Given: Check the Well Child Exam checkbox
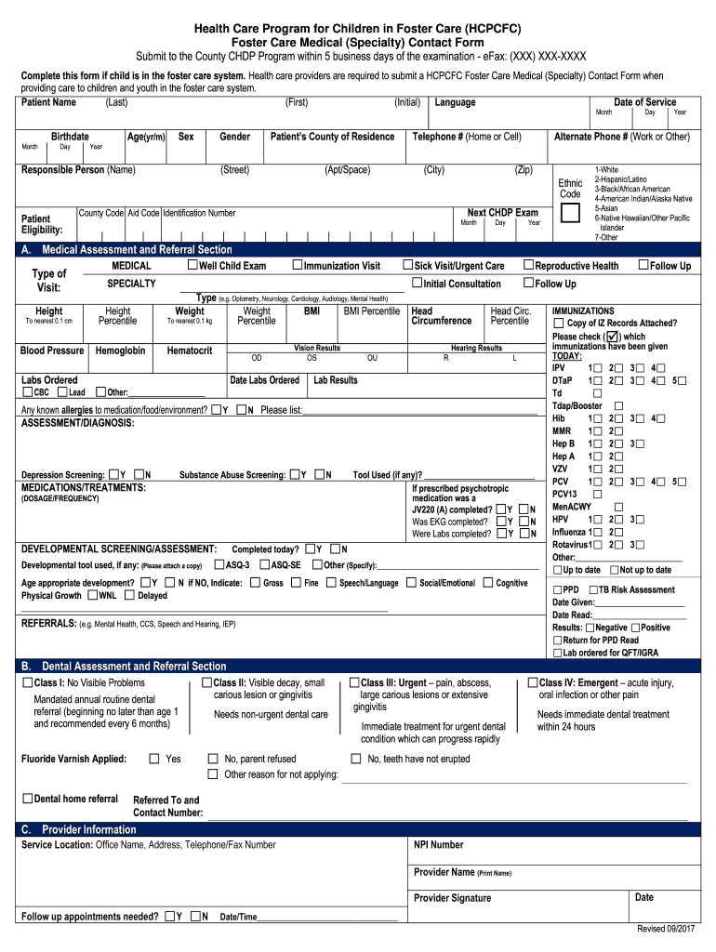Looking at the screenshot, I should click(x=192, y=266).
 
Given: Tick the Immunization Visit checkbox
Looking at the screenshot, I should click(x=298, y=266).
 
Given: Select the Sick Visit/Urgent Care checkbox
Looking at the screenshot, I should click(x=407, y=266).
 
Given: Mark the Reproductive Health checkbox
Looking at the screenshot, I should click(x=528, y=266).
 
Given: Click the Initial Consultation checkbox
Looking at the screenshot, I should click(x=417, y=284).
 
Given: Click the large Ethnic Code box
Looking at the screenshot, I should click(x=570, y=213).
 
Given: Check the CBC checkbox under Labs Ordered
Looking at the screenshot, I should click(x=27, y=392).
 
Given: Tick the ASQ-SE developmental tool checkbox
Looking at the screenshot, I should click(x=264, y=564).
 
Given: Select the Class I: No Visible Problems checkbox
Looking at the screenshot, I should click(x=27, y=683).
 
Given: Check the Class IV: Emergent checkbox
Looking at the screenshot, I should click(x=532, y=683).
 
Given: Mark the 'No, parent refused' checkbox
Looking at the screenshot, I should click(x=213, y=759).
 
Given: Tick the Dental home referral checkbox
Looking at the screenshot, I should click(x=27, y=799).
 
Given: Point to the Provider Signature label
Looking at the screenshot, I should click(x=452, y=898).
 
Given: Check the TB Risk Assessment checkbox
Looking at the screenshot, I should click(x=592, y=589).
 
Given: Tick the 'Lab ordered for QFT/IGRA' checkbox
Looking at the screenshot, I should click(x=557, y=653).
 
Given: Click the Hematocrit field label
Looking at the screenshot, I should click(x=189, y=350).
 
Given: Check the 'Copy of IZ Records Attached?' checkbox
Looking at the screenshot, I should click(x=558, y=324).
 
